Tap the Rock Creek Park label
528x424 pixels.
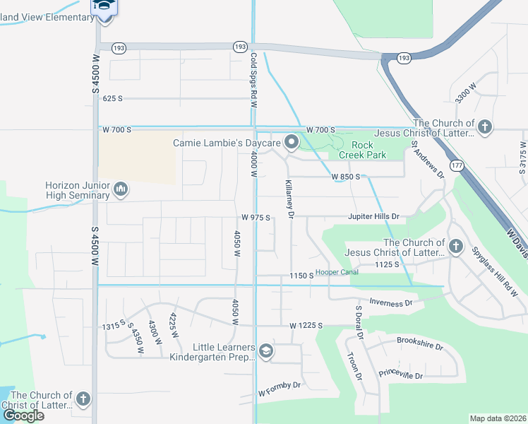point(362,149)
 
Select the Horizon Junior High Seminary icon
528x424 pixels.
point(120,189)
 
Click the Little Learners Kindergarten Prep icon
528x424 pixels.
point(265,351)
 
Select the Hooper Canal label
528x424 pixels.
point(337,272)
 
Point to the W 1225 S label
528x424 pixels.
point(306,326)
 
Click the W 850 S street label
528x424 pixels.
point(346,176)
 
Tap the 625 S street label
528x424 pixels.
point(112,99)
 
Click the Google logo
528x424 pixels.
point(23,416)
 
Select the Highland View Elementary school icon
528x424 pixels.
point(104,7)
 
